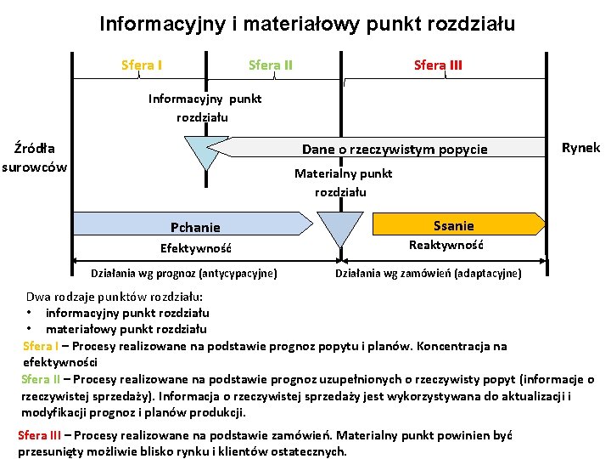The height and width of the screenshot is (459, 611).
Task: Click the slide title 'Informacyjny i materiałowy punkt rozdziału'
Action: [307, 24]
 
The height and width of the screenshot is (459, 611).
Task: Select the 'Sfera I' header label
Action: [142, 65]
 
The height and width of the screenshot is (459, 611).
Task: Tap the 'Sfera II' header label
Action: [271, 65]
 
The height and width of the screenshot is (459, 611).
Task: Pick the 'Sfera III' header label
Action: [438, 65]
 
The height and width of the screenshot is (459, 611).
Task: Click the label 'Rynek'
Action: [580, 147]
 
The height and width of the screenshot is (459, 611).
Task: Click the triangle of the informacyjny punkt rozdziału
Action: [205, 153]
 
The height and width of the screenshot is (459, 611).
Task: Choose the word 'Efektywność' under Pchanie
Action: [196, 249]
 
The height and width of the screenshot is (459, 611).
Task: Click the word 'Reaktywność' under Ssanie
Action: [446, 246]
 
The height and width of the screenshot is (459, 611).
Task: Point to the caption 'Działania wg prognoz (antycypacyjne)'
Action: [183, 273]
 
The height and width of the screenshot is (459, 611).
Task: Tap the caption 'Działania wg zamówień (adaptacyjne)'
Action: [429, 273]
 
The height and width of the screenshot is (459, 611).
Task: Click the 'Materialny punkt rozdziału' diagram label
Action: [343, 183]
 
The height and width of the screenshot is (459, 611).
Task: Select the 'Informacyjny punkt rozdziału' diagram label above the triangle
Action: [205, 107]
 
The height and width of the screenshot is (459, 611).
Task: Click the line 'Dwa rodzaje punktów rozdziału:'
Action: [114, 297]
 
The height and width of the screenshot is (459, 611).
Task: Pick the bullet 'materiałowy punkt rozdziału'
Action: [126, 329]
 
